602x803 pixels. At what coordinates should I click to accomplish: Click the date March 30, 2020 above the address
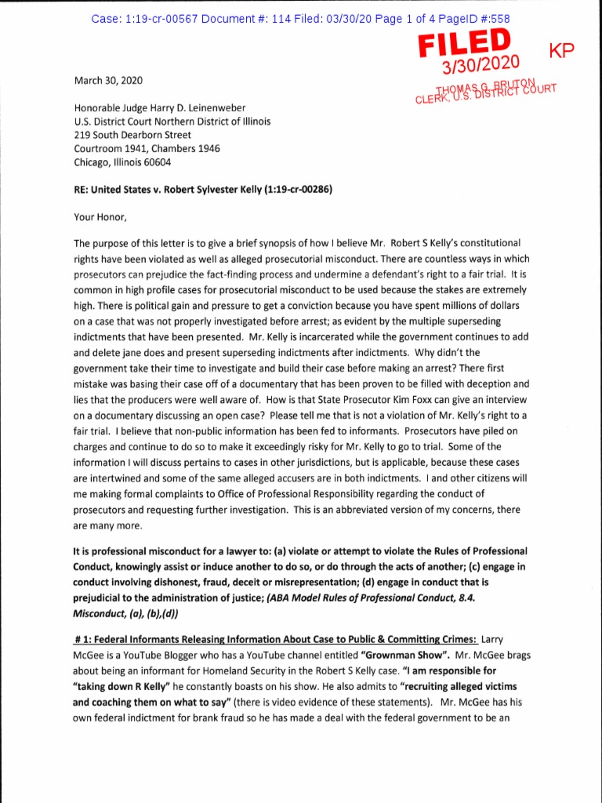(x=108, y=80)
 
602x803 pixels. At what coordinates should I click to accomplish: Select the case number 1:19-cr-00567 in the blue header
(x=160, y=18)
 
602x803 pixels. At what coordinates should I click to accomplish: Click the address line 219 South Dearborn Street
(x=134, y=135)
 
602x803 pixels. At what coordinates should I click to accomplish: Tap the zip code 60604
(x=154, y=162)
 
